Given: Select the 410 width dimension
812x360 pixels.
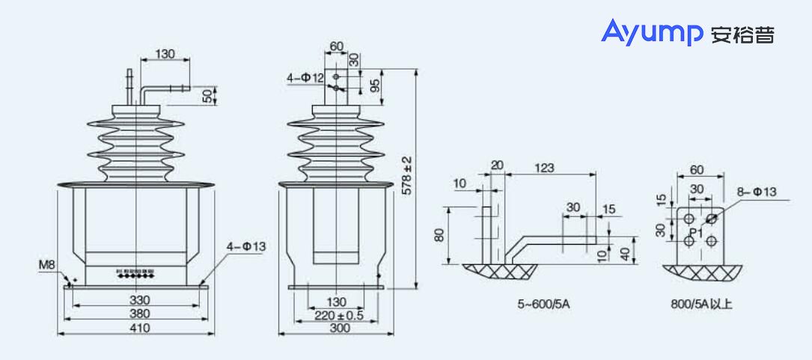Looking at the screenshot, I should point(139,328).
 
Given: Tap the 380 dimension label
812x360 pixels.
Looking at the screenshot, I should point(139,314).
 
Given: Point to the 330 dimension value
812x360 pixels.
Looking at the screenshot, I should point(139,300).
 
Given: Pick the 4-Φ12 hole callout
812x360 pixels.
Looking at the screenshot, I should point(305,77).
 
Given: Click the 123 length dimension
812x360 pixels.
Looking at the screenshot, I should point(546,168).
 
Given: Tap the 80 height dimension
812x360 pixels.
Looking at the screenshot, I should point(439,235).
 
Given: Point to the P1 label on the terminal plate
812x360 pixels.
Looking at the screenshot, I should point(695,232).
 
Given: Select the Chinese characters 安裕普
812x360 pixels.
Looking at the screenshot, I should point(743,34).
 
